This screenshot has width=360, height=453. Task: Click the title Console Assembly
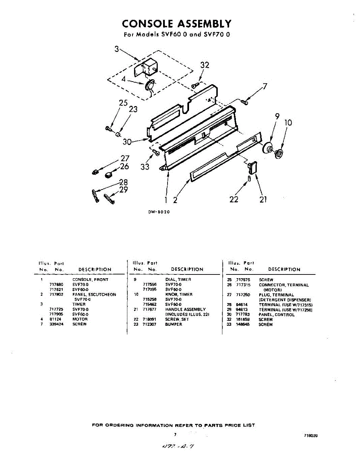176,24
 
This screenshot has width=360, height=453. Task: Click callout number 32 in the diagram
205,65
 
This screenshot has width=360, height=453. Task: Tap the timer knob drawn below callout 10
278,153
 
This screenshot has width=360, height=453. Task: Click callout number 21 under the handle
263,199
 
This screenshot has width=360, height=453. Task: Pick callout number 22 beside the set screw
234,199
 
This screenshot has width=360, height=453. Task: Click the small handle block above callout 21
252,167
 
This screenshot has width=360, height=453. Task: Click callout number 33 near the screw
145,166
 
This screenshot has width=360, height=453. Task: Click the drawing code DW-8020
159,212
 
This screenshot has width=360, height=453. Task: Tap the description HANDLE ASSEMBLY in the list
185,310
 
